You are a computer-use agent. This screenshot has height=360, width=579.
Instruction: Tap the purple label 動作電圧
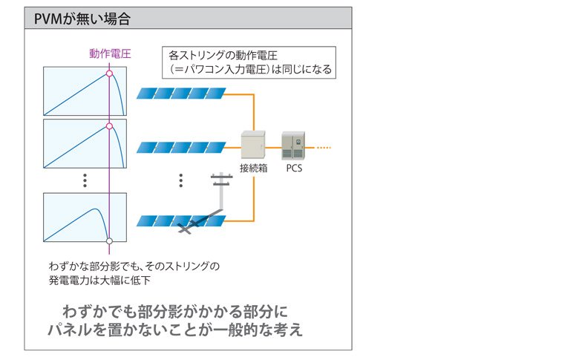click(x=110, y=53)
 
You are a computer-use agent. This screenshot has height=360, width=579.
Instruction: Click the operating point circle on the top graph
click(x=109, y=74)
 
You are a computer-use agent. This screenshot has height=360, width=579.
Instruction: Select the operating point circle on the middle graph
click(x=109, y=127)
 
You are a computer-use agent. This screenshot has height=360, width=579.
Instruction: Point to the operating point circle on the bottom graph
click(x=109, y=240)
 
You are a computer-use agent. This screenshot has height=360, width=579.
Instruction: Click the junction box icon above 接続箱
click(x=254, y=145)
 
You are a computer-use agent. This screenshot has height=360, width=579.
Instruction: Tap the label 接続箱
click(x=253, y=168)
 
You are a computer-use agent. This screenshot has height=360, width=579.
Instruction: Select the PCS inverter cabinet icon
click(x=293, y=145)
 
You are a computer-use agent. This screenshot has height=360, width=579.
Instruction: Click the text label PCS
click(x=294, y=168)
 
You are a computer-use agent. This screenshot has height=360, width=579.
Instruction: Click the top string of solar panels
click(x=181, y=94)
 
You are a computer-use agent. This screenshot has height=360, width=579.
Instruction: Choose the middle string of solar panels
click(x=181, y=147)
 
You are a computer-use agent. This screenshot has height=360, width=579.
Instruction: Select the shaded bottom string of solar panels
click(x=181, y=221)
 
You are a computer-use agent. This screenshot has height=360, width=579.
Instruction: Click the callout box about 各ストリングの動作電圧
click(x=248, y=62)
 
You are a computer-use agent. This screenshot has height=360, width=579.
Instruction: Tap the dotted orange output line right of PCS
click(x=321, y=147)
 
